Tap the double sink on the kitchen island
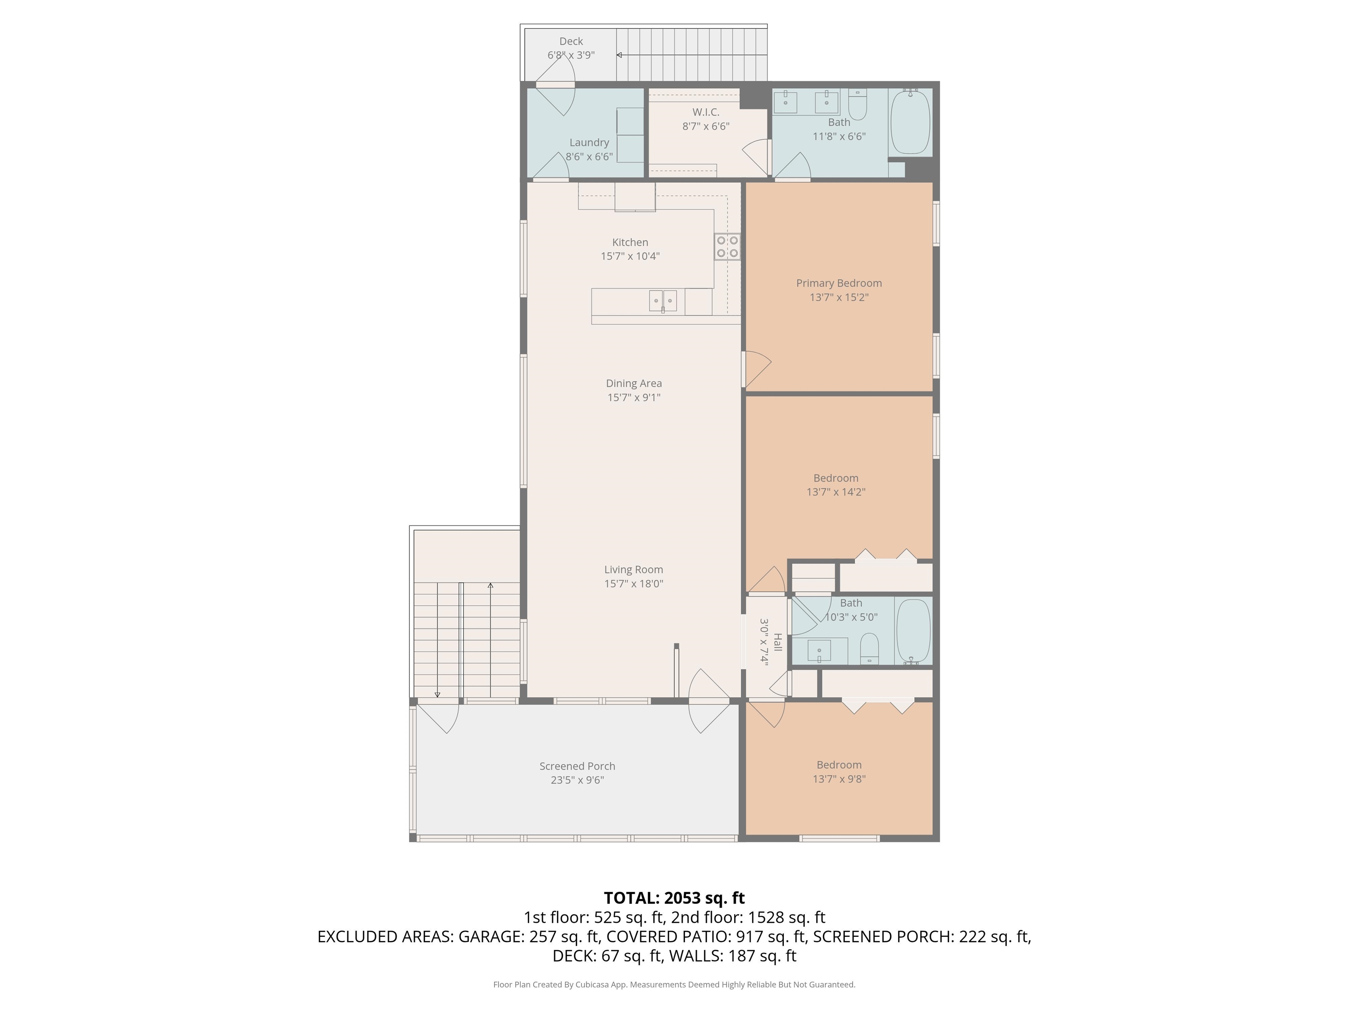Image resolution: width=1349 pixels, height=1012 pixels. pos(662,301)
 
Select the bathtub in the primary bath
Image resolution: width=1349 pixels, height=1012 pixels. pos(910,123)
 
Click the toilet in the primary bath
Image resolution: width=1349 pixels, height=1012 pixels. pos(858,105)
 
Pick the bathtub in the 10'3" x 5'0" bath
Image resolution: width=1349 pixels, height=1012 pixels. pos(913,631)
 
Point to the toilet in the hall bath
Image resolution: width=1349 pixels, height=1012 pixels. pos(869,648)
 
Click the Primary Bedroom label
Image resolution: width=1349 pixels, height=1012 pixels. pos(839,283)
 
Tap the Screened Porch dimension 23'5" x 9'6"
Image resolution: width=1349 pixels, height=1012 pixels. pos(577,780)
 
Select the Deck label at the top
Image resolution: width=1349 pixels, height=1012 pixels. pos(571,41)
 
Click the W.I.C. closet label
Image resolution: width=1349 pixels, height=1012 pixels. pos(706,112)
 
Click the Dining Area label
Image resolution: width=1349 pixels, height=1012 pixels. pos(634,383)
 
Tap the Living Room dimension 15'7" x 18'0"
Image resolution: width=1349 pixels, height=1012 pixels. pos(634,583)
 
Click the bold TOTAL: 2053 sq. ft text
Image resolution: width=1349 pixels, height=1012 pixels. pos(674,898)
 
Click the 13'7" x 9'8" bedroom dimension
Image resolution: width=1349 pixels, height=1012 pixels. pos(839,779)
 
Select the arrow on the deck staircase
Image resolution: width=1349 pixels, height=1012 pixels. pos(620,55)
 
